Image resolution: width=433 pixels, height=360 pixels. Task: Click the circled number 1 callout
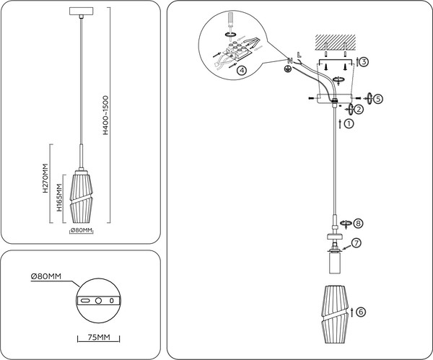(x=349, y=124)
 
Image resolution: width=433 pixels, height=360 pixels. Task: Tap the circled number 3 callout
(x=364, y=62)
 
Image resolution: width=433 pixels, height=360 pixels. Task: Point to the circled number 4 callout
(x=241, y=71)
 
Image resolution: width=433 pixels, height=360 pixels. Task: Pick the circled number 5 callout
(x=378, y=97)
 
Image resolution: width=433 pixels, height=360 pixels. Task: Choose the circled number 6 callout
(x=360, y=312)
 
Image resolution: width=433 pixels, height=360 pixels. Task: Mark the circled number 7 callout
(x=356, y=242)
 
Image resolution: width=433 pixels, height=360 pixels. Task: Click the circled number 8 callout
(x=358, y=224)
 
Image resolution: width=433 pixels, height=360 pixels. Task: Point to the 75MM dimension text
(x=97, y=337)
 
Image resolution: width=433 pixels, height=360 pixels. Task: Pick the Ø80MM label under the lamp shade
(x=82, y=231)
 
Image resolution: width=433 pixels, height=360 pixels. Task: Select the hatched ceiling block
(x=335, y=41)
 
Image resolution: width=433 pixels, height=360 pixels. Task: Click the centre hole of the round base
(x=98, y=299)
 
